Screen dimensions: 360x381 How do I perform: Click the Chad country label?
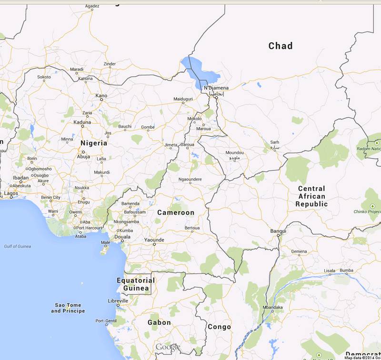coord(281,46)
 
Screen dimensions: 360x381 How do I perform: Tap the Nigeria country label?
coord(94,143)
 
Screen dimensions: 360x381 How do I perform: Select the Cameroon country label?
coord(176,212)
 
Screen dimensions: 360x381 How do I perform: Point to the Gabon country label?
coord(159,322)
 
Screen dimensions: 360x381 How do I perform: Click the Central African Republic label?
coord(311,196)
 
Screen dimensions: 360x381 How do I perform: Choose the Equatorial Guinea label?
coord(136,284)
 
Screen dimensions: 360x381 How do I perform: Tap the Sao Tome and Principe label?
coord(68,308)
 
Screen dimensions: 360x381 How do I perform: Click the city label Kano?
coord(101,96)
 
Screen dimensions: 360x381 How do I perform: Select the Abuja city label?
coord(83,156)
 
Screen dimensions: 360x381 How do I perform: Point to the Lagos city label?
coord(10,193)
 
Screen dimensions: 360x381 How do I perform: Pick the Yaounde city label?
coord(154,240)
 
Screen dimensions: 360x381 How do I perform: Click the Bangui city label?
coord(278,231)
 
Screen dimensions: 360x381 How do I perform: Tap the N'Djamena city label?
coord(216,88)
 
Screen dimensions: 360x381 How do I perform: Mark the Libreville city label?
coord(119,301)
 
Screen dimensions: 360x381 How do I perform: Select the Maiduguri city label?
coord(183,99)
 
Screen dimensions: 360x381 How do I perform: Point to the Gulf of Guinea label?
coord(18,246)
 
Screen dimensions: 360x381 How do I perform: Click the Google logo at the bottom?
coord(168,347)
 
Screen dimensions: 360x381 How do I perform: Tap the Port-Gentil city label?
coord(106,321)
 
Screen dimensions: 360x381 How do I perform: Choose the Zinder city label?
coord(110,64)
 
